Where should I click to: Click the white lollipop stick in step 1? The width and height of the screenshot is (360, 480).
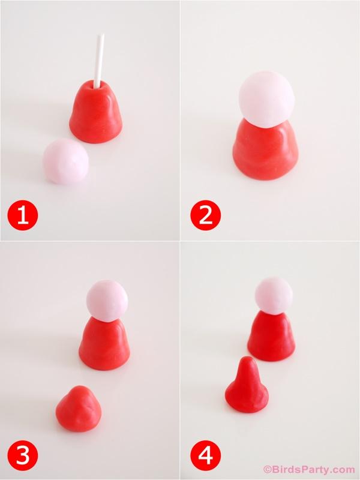pyautogui.click(x=100, y=61)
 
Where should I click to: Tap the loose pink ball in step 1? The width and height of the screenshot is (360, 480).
pyautogui.click(x=66, y=161)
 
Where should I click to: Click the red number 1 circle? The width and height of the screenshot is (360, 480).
pyautogui.click(x=23, y=215)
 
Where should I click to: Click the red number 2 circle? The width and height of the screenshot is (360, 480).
pyautogui.click(x=205, y=215)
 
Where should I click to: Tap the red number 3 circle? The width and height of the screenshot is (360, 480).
pyautogui.click(x=23, y=455)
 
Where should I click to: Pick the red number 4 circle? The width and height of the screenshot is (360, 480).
pyautogui.click(x=205, y=455)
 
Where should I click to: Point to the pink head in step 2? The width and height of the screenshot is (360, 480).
pyautogui.click(x=266, y=99)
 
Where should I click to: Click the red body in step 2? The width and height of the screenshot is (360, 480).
pyautogui.click(x=265, y=150)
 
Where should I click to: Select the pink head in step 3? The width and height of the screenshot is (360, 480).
pyautogui.click(x=107, y=301)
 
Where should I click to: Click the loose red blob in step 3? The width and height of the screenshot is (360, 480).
pyautogui.click(x=79, y=409)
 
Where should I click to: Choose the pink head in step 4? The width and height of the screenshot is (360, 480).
pyautogui.click(x=274, y=295)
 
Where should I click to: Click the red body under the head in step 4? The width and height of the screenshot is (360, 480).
pyautogui.click(x=272, y=337)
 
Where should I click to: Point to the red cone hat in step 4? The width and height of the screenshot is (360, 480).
pyautogui.click(x=247, y=385)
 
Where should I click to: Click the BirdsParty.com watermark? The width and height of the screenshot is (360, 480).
pyautogui.click(x=309, y=469)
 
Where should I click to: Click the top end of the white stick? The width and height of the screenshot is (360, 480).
pyautogui.click(x=101, y=35)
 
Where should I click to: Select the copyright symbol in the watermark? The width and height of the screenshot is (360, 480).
pyautogui.click(x=267, y=469)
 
